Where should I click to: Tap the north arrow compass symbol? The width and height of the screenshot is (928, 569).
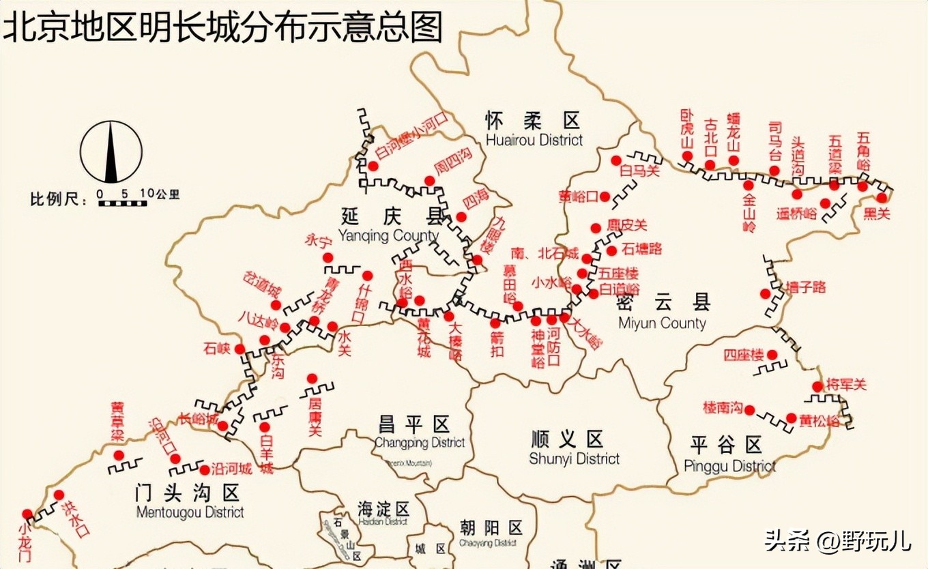coord(111,152)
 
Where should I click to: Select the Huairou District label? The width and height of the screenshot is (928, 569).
coord(534,130)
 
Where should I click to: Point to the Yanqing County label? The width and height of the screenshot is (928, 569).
coord(388,226)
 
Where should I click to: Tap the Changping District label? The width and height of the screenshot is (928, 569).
coord(420,434)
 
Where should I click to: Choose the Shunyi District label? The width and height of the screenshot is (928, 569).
coord(575,448)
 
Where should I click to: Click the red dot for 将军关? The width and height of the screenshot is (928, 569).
coord(817,387)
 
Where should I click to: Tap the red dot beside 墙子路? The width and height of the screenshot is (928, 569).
coord(766,293)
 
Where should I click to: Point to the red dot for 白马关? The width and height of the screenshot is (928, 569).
coord(616,160)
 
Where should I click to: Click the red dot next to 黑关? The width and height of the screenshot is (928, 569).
coord(882,198)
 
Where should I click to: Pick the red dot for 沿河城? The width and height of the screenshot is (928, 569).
coord(205,469)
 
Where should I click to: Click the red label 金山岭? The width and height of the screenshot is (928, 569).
coord(749,212)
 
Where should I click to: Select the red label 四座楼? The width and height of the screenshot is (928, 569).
coord(744,355)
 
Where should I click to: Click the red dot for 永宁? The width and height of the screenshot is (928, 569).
coord(328,257)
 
